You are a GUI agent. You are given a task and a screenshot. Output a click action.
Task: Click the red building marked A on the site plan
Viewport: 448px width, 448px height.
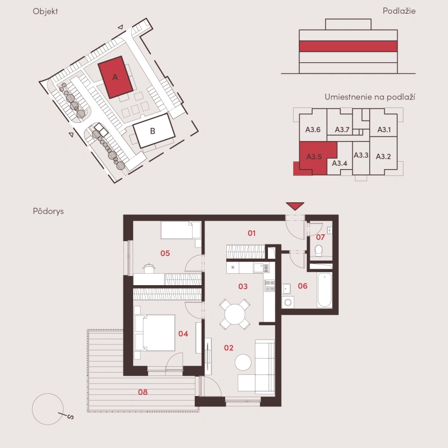[115, 77]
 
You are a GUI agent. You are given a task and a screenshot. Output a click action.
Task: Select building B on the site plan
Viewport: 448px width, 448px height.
[154, 130]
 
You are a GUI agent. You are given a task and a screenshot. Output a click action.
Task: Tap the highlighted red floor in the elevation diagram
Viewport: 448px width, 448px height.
[348, 46]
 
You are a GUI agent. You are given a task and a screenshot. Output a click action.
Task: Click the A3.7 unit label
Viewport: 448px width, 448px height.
[342, 130]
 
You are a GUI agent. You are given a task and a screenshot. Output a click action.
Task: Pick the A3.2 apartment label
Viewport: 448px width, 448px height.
[383, 157]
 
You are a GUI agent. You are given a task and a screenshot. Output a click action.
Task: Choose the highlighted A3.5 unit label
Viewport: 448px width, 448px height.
[314, 157]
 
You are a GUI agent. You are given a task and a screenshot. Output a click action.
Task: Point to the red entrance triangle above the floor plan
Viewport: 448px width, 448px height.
[295, 206]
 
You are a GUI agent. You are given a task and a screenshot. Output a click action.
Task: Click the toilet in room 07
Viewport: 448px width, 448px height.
[319, 250]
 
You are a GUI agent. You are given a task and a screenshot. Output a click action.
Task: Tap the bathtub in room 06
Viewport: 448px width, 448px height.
[325, 290]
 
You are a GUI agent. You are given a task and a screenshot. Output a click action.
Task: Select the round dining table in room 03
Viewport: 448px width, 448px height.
[235, 314]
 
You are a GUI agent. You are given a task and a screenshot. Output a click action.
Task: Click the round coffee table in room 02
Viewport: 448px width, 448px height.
[243, 362]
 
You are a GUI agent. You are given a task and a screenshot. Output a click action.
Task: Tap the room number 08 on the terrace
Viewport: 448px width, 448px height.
[143, 392]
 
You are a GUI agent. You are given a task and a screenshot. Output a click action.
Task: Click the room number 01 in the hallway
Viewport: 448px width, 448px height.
[251, 233]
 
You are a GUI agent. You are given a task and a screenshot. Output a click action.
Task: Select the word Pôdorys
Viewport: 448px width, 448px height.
[48, 211]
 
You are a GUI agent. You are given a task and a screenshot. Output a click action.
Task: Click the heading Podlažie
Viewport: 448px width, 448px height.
[399, 11]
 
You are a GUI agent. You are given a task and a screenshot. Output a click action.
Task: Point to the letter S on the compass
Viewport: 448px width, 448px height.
[70, 417]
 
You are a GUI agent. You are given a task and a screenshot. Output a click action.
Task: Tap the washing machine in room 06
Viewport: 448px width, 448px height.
[288, 302]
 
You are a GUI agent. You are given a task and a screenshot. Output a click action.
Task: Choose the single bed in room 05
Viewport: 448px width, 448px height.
[181, 230]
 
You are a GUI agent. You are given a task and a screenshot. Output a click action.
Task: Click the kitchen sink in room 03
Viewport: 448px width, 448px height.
[262, 268]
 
